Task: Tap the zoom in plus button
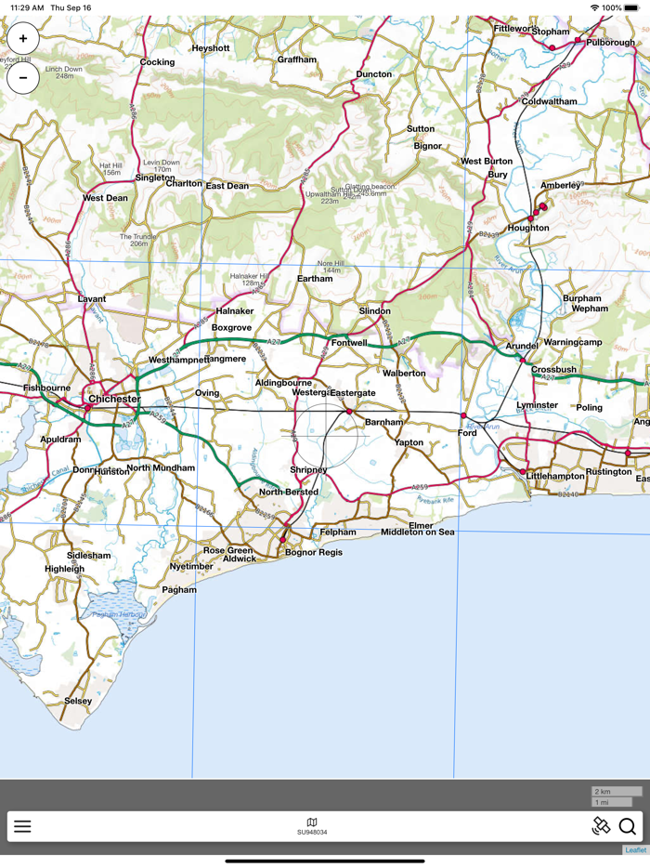point(23,39)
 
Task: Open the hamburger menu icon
point(22,826)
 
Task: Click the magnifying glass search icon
point(628,826)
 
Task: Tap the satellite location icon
point(601,826)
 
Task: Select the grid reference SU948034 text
point(312,833)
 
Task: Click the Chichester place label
point(114,400)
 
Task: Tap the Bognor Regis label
point(313,552)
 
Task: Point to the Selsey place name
point(78,701)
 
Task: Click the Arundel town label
point(522,346)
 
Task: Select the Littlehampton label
point(555,476)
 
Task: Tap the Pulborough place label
point(610,42)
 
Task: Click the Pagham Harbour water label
point(119,615)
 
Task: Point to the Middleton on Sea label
point(418,532)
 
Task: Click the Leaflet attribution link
point(635,850)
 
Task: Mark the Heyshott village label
point(210,48)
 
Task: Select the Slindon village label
point(375,310)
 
